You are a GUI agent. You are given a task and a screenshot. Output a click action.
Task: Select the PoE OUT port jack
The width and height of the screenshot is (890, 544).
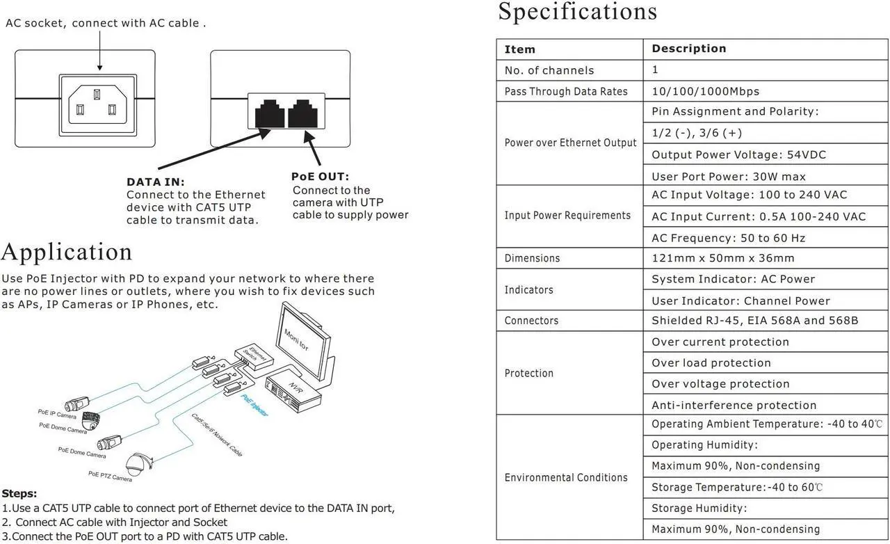pyautogui.click(x=302, y=113)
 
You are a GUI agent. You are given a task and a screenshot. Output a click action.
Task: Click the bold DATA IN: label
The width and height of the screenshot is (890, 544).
pyautogui.click(x=156, y=182)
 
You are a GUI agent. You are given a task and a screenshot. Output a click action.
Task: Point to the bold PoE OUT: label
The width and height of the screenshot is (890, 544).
pyautogui.click(x=320, y=177)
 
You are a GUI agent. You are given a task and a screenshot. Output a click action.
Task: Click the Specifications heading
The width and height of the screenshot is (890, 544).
pyautogui.click(x=577, y=12)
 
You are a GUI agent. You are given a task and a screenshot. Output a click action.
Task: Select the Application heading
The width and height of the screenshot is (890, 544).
pyautogui.click(x=67, y=252)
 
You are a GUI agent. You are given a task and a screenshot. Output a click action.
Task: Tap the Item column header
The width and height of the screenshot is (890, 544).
pyautogui.click(x=520, y=49)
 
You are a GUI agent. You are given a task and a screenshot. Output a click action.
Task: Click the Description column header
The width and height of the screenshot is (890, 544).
pyautogui.click(x=688, y=49)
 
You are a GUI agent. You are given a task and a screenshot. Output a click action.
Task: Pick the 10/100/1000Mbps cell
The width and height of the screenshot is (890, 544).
pyautogui.click(x=705, y=91)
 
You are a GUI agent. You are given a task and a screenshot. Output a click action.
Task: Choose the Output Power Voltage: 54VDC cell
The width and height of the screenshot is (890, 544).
pyautogui.click(x=738, y=154)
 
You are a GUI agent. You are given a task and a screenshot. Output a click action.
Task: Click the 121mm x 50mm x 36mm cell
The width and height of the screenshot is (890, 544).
pyautogui.click(x=722, y=258)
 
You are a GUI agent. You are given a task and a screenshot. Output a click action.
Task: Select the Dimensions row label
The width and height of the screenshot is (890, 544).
pyautogui.click(x=532, y=258)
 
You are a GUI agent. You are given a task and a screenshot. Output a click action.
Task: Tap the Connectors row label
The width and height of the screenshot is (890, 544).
pyautogui.click(x=531, y=321)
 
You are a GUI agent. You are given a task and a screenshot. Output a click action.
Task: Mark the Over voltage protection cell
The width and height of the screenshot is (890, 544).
pyautogui.click(x=720, y=384)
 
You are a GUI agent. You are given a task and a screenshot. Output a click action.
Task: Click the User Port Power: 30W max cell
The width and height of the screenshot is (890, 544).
pyautogui.click(x=729, y=177)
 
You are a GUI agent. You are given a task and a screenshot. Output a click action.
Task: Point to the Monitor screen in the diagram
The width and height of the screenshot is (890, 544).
pyautogui.click(x=305, y=341)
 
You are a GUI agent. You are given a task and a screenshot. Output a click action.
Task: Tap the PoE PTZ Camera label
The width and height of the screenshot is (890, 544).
pyautogui.click(x=110, y=477)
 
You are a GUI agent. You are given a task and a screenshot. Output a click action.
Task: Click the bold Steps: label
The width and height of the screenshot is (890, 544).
pyautogui.click(x=19, y=493)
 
